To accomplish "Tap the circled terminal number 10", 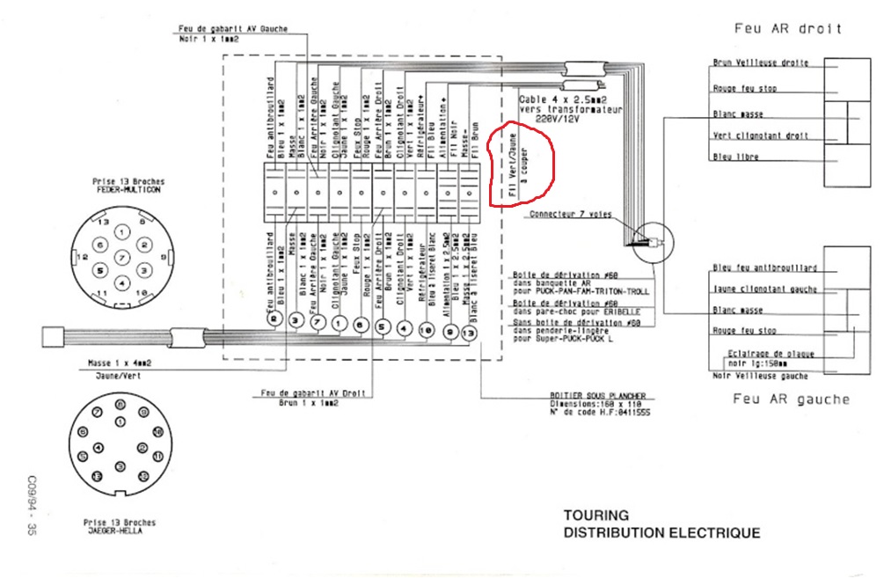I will [426, 329].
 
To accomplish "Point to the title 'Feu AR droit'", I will [788, 28].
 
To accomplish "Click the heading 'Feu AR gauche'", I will [792, 399].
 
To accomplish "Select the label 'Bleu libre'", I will [735, 158].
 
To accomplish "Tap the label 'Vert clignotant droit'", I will [761, 136].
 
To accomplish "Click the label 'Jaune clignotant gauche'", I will [765, 289].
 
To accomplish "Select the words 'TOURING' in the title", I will [596, 516].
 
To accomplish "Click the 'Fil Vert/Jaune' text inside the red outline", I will [511, 164].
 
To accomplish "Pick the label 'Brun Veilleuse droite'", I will [761, 63].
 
